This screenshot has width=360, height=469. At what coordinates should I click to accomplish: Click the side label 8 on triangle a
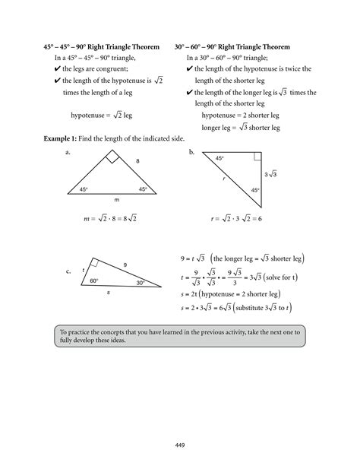point(137,162)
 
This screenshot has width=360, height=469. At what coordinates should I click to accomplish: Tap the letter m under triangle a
point(116,199)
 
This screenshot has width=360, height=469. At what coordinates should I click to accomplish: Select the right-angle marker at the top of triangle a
point(112,157)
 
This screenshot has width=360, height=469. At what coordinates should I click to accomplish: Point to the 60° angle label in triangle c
point(95,280)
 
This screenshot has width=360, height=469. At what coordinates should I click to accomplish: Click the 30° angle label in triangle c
point(141,282)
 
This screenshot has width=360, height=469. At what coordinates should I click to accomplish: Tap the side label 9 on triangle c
point(125,265)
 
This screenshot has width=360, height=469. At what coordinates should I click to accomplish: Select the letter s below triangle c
point(109,292)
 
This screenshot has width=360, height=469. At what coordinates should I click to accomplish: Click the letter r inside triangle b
point(224,178)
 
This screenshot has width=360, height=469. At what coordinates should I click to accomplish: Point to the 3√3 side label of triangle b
point(270,175)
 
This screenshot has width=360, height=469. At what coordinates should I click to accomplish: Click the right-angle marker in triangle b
point(257,156)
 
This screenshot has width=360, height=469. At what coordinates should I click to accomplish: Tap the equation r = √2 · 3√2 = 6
point(236,219)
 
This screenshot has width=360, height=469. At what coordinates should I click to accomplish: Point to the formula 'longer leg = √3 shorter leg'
point(241,128)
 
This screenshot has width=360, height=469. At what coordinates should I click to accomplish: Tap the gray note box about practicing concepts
point(179,337)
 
